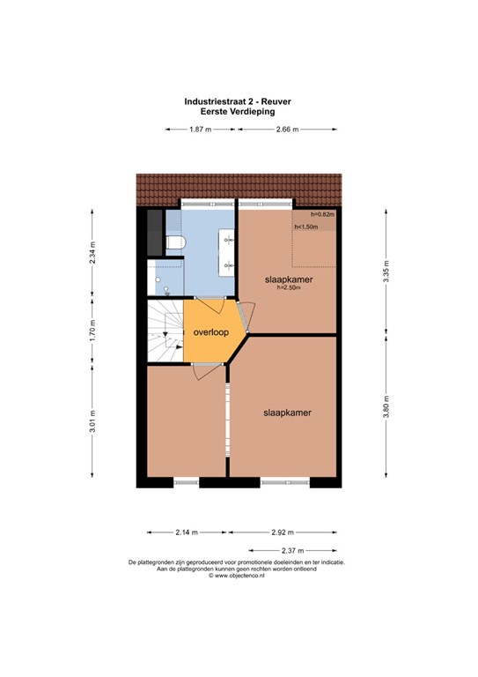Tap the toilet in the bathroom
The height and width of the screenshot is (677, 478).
tap(175, 242)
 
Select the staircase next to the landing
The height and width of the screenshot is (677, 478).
tap(164, 331)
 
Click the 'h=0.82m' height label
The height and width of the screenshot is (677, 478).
tap(322, 214)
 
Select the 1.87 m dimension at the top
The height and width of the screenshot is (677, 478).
tap(201, 130)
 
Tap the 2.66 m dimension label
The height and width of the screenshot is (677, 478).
tap(286, 130)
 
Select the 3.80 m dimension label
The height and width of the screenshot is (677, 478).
tap(385, 412)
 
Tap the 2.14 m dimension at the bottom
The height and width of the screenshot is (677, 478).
tap(187, 532)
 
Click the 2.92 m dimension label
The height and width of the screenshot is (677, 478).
tap(283, 532)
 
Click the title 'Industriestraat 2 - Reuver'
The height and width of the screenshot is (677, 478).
tap(238, 101)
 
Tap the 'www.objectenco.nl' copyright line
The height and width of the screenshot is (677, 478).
tap(238, 576)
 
